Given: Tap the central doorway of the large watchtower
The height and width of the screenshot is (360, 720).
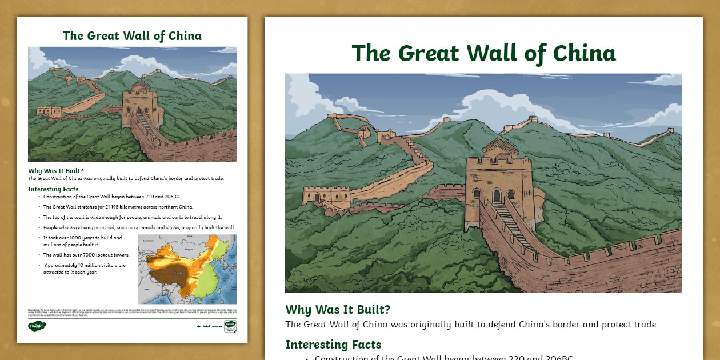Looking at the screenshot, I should [x=497, y=195].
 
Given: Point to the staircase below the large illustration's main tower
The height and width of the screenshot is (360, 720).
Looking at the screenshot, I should [x=513, y=225].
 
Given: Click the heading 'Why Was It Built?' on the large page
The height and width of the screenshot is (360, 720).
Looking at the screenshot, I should [x=338, y=310].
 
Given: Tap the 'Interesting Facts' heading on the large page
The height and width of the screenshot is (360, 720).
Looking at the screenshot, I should [x=333, y=345].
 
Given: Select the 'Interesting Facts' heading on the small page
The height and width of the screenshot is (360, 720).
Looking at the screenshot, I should [x=53, y=189].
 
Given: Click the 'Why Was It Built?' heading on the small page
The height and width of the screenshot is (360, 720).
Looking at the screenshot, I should [x=55, y=171].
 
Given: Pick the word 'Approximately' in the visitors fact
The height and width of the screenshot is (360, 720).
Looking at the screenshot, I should [x=62, y=265].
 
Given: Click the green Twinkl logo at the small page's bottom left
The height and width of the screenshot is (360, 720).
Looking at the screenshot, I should [x=37, y=326].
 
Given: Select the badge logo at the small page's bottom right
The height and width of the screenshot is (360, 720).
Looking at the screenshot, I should [x=230, y=326].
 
